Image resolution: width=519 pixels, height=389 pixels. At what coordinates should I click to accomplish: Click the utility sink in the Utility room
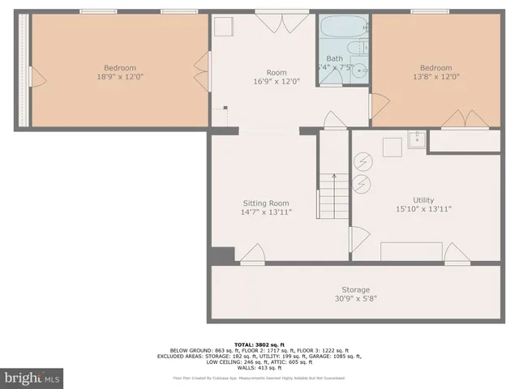coord(417,141)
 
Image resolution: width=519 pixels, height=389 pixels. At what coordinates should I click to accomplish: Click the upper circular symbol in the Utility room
coord(362,162)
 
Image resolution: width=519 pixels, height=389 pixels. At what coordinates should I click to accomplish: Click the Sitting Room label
coord(265,203)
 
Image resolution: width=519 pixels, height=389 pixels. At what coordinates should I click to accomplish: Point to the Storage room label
coord(355,289)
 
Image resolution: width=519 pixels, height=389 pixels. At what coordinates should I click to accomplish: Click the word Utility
coord(422,199)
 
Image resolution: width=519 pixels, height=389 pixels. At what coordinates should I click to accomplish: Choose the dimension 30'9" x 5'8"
coord(355,298)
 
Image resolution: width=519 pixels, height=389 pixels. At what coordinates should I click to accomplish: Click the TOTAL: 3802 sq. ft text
coord(259,344)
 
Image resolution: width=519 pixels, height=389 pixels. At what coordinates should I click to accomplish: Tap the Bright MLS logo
coord(32,378)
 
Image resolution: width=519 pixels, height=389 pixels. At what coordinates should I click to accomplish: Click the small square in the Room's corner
coord(223,27)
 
